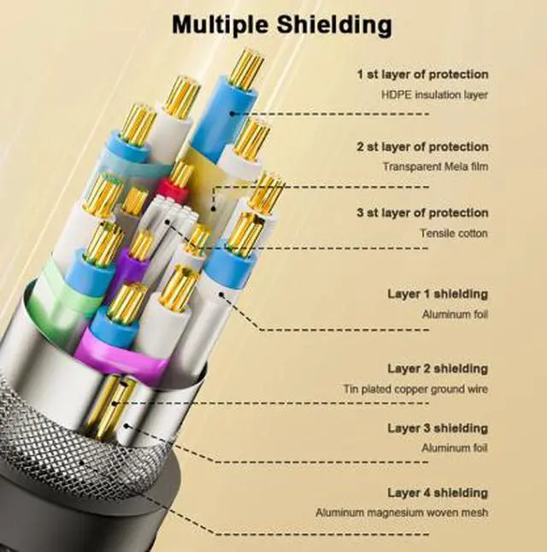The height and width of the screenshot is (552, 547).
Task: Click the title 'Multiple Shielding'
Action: (282, 25)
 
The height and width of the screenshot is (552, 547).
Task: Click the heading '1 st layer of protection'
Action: (423, 74)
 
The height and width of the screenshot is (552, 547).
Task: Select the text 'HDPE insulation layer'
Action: (435, 95)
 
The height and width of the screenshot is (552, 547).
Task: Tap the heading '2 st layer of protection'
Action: (423, 147)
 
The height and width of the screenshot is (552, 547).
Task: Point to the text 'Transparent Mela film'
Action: (435, 166)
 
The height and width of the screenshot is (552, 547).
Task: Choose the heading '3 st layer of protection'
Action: (423, 213)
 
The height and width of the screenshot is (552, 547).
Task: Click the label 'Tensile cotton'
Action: (454, 233)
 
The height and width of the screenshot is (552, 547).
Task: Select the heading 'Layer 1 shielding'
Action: (438, 294)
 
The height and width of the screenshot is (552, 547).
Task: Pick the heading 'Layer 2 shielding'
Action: (438, 368)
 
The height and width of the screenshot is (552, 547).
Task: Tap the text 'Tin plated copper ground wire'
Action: (415, 389)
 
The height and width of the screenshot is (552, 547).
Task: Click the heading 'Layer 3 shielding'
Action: (438, 428)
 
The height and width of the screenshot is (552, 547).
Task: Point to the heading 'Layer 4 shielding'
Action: (438, 492)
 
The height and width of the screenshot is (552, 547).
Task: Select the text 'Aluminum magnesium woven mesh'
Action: (402, 513)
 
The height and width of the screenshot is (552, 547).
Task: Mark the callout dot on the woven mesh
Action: (82, 462)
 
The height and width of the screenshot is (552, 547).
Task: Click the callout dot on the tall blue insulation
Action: (232, 114)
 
